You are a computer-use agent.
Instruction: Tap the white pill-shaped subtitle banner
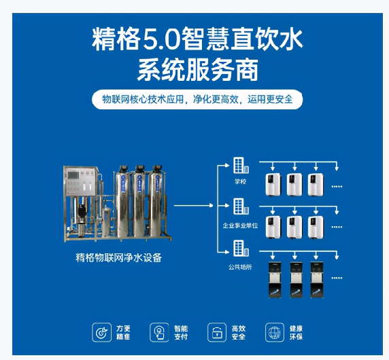point(197,99)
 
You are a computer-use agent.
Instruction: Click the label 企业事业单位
point(239,224)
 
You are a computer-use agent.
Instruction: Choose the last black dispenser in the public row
point(317,279)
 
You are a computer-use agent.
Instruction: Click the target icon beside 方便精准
point(101,332)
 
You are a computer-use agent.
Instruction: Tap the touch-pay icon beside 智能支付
point(158,332)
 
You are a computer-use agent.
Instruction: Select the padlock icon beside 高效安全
point(216,332)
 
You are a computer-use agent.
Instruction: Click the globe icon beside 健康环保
point(274,332)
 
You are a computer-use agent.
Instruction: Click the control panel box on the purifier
point(73,179)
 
